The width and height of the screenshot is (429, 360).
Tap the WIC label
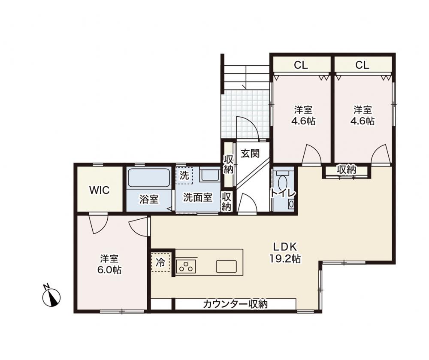100,190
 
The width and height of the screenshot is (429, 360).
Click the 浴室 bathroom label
149,200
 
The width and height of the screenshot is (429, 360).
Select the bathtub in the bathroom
149,178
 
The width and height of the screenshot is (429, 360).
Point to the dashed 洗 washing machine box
184,175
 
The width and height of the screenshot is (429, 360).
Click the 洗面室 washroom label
197,197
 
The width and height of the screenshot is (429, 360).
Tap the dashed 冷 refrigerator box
160,262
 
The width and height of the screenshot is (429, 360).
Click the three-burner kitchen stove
186,266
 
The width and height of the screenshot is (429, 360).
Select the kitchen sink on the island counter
226,266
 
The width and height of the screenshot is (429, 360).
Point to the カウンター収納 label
235,304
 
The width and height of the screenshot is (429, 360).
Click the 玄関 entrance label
250,154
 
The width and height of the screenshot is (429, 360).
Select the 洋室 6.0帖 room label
109,264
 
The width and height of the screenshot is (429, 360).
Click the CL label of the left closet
301,65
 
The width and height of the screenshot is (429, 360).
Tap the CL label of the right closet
362,65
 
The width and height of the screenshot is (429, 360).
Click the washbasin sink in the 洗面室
209,175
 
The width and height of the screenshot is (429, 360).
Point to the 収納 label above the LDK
346,170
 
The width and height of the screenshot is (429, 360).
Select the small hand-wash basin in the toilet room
291,204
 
